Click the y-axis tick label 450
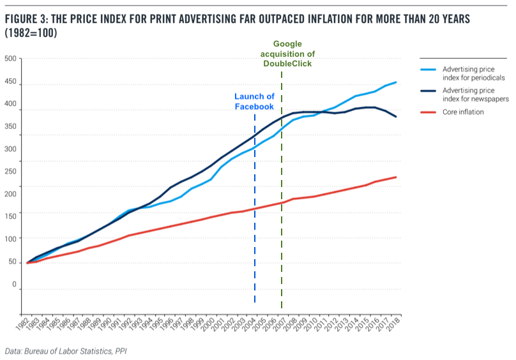pyautogui.click(x=10, y=84)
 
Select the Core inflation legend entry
pyautogui.click(x=463, y=112)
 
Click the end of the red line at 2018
pyautogui.click(x=397, y=177)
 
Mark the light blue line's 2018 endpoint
pyautogui.click(x=397, y=82)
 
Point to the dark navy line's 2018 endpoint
pyautogui.click(x=397, y=117)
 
